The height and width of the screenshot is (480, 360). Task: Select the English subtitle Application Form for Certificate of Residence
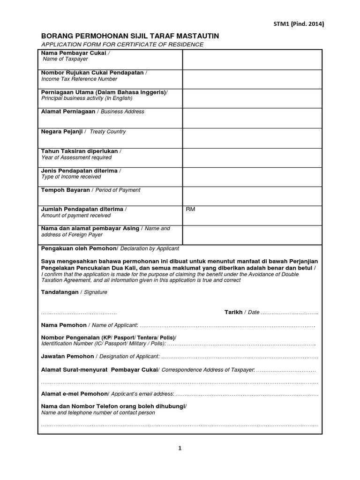[x=122, y=45]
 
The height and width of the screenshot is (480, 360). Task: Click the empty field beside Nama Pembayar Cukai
[x=252, y=59]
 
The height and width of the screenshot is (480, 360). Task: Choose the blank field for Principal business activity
[x=252, y=98]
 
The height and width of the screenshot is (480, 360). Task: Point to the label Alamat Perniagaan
[x=68, y=112]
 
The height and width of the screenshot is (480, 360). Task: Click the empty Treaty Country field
[x=252, y=138]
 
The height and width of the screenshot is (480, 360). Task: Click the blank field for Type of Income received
[x=252, y=177]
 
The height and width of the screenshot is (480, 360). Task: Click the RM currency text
[x=190, y=209]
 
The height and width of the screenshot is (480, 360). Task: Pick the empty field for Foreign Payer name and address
[x=252, y=234]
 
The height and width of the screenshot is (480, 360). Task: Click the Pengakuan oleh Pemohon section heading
[x=78, y=248]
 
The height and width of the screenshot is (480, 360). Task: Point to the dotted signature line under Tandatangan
[x=79, y=313]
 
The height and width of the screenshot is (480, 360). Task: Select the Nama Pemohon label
[x=64, y=325]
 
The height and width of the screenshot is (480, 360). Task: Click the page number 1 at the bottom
[x=180, y=449]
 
